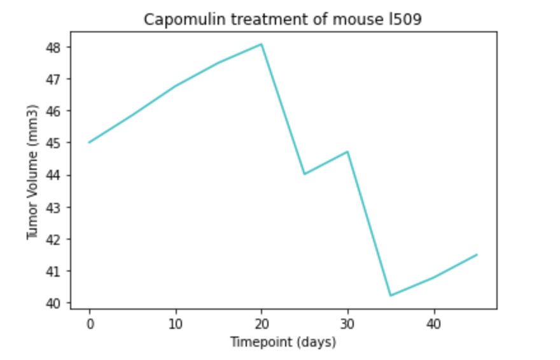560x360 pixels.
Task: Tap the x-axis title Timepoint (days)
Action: (283, 342)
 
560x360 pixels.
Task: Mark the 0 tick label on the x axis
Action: (90, 324)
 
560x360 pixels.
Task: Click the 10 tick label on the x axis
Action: (176, 324)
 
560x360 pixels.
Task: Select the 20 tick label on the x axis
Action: (262, 324)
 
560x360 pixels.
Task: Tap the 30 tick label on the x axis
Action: (347, 324)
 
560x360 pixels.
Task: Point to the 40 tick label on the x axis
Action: (433, 324)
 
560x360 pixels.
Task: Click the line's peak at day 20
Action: (262, 44)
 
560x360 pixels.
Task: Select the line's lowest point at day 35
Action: (390, 296)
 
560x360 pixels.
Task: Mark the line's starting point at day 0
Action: (90, 142)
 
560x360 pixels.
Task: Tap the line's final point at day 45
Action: (477, 254)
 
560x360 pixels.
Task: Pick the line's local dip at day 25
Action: (304, 174)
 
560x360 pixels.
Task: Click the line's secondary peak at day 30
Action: (347, 151)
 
